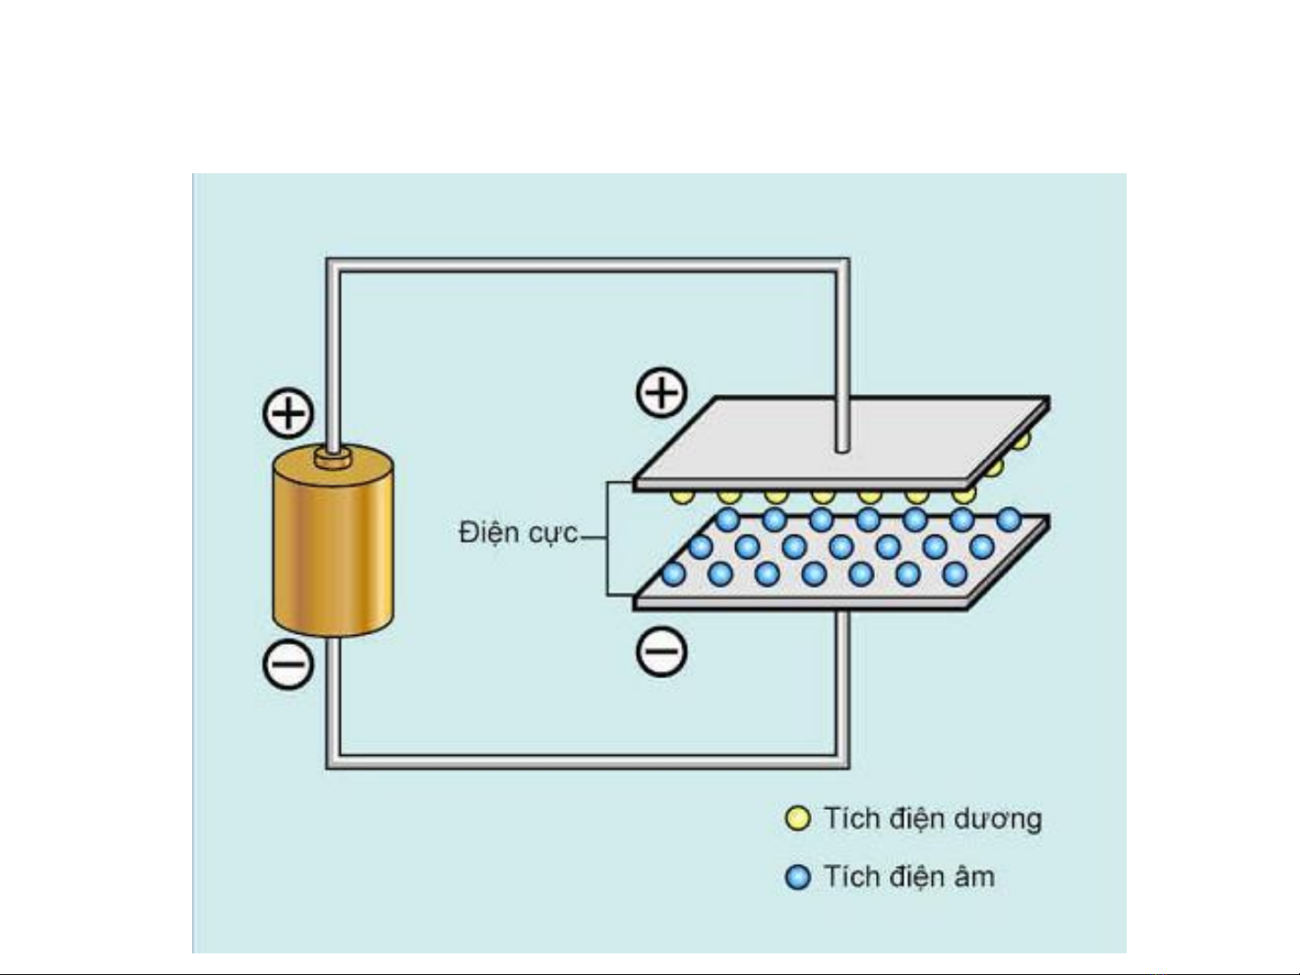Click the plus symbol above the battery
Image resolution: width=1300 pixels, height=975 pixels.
(288, 414)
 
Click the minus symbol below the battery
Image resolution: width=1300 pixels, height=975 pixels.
(288, 665)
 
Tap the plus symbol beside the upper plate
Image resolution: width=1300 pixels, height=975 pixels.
(662, 392)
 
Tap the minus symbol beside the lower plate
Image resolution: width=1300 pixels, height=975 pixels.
(662, 651)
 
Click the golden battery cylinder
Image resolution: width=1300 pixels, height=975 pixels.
(333, 550)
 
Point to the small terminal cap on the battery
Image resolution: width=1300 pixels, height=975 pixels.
(333, 457)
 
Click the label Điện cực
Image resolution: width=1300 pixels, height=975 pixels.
(517, 533)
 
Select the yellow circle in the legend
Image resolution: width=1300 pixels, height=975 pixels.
(798, 819)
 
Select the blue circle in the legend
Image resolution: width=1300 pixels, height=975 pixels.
(798, 877)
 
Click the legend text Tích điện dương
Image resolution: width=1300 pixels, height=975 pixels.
(932, 819)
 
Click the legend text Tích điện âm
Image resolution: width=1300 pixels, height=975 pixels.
(908, 877)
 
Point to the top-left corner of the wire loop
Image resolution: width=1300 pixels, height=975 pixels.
(333, 266)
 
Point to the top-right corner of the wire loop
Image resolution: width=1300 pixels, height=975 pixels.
(841, 266)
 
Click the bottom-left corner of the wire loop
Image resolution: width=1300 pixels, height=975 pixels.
(333, 761)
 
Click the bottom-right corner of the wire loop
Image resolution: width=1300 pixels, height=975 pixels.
(841, 761)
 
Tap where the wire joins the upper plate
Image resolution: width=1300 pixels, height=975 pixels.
(842, 446)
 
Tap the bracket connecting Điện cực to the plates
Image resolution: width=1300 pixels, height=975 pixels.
(608, 538)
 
